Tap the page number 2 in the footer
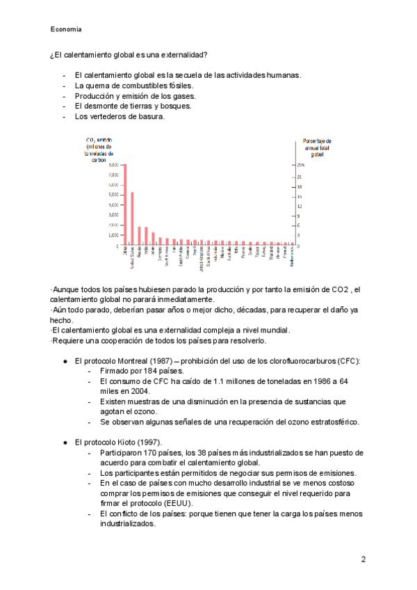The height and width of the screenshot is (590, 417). click(363, 559)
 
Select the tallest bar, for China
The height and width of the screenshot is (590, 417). click(125, 205)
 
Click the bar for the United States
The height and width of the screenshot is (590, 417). click(132, 218)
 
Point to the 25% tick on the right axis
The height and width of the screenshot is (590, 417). click(300, 165)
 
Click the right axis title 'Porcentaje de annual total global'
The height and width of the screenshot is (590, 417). click(317, 147)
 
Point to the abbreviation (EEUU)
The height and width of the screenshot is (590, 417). click(180, 503)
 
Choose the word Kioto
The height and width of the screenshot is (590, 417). click(126, 442)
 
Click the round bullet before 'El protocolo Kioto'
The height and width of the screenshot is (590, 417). click(65, 442)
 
